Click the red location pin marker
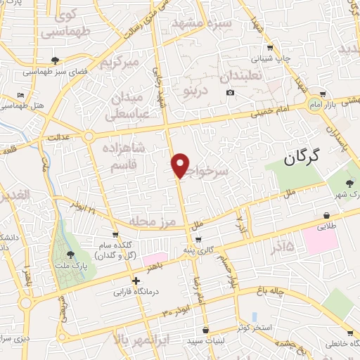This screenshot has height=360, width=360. click(181, 165)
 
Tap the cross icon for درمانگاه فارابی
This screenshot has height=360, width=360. click(136, 280)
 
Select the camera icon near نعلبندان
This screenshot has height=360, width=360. click(230, 93)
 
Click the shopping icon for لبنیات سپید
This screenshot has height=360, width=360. click(205, 330)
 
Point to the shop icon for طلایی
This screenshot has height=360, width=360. click(326, 216)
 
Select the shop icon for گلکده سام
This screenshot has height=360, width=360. click(115, 235)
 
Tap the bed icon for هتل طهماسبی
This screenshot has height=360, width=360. click(21, 95)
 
